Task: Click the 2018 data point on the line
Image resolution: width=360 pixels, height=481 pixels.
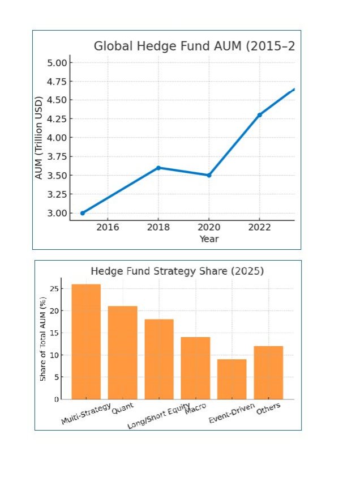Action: point(158,168)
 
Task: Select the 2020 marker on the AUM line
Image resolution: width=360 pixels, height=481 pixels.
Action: point(209,175)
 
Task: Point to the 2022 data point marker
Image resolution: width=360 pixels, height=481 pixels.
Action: point(260,115)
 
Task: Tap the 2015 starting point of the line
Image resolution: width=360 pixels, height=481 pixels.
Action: point(83,213)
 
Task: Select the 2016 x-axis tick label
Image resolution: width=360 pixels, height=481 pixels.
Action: point(108,227)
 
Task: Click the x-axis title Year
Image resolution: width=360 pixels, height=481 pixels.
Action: point(209,239)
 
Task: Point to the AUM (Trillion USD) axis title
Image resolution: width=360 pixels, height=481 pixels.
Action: point(39,138)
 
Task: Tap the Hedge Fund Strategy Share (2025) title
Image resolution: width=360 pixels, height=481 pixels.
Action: point(177,271)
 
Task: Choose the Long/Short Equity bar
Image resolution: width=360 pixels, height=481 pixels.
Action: point(159,359)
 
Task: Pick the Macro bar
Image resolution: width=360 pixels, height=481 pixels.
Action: point(195,368)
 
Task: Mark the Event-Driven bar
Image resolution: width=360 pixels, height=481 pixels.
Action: point(232,379)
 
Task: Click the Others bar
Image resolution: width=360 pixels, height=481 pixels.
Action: point(268,372)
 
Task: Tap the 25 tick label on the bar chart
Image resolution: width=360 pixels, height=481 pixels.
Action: point(54,289)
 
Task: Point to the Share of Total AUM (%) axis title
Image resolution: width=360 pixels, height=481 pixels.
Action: point(43,346)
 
